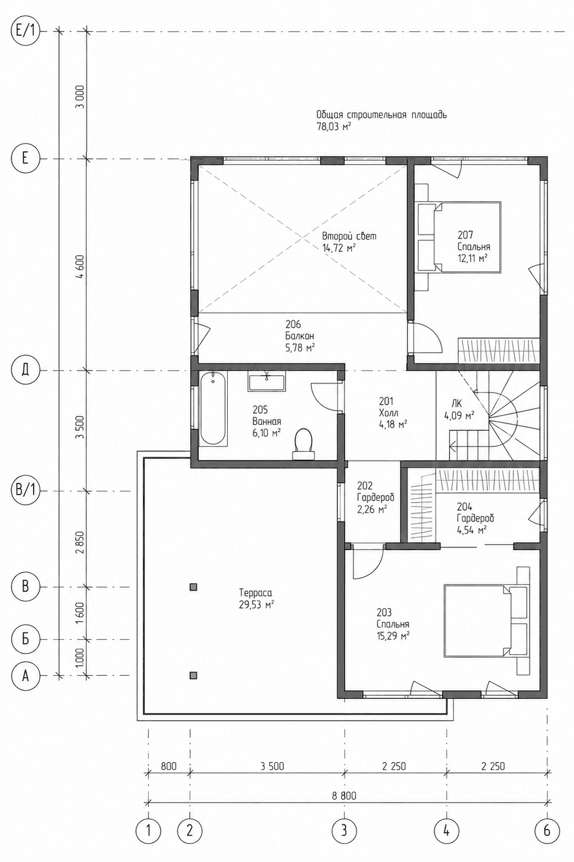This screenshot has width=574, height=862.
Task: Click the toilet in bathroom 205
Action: [x=304, y=444]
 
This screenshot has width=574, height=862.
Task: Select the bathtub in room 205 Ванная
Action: [x=213, y=409]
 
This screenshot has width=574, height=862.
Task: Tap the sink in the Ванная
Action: [x=267, y=382]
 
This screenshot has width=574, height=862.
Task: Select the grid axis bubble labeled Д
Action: [x=25, y=371]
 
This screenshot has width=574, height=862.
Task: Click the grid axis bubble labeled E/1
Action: [x=25, y=31]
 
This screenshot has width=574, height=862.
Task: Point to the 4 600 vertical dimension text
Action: [x=80, y=265]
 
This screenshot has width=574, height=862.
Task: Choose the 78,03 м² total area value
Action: [x=333, y=127]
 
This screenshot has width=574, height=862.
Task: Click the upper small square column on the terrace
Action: [x=194, y=587]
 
